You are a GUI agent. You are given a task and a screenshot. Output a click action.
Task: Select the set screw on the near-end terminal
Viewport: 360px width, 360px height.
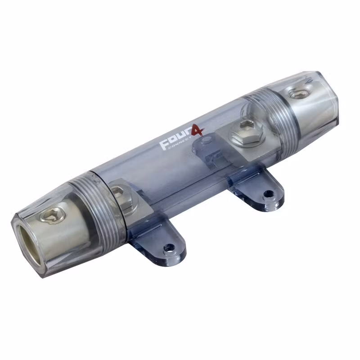pos(52,216)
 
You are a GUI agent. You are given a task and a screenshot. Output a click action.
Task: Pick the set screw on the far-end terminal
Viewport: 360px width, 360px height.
pos(298,93)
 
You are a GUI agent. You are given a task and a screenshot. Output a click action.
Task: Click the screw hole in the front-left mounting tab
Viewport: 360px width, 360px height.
pos(170,248)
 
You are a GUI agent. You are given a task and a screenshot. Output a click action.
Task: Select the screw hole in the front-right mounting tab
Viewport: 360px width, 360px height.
pos(267,194)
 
